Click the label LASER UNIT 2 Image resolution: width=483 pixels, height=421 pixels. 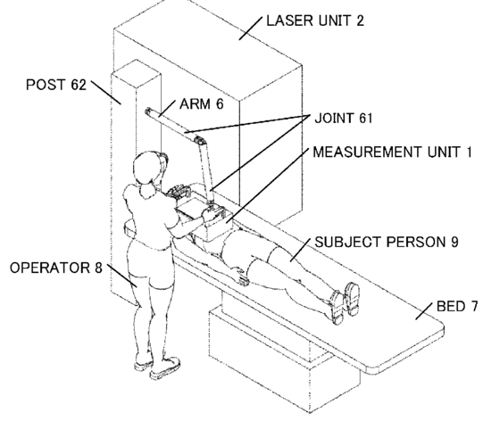315,21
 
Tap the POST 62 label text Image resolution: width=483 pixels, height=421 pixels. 56,85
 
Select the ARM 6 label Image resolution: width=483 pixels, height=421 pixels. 202,104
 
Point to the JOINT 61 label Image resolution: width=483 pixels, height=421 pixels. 344,118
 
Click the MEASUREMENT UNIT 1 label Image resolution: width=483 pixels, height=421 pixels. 392,152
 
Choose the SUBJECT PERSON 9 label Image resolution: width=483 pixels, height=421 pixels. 387,243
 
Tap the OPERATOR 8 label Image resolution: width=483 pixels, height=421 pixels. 56,268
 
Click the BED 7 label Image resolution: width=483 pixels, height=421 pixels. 457,307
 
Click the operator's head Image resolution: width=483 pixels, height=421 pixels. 146,169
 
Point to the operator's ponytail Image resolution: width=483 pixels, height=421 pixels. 147,189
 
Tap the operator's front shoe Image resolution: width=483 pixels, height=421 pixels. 165,367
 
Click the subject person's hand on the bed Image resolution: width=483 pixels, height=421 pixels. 241,277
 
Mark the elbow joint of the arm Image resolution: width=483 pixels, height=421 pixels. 200,141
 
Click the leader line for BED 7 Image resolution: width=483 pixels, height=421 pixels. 424,310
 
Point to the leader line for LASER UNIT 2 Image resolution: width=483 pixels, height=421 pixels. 251,28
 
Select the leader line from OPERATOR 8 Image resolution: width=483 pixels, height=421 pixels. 122,275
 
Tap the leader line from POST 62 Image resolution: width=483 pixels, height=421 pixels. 105,93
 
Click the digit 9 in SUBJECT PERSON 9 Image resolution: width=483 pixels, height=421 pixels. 454,243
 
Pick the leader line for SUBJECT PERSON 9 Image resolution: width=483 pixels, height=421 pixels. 300,251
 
